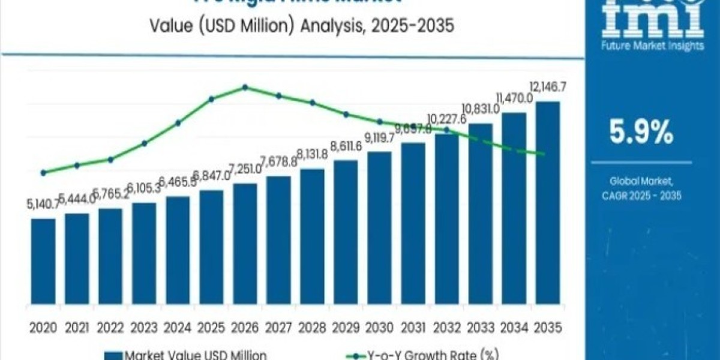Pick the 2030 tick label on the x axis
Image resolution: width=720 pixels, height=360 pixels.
(x=379, y=328)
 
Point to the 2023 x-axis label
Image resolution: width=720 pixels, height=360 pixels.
(x=144, y=328)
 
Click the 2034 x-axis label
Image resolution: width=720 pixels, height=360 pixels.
(x=514, y=328)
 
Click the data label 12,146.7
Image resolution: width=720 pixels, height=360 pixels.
(x=547, y=88)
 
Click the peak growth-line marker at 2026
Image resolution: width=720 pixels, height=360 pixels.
(x=245, y=87)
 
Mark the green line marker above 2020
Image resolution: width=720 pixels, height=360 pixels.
(x=43, y=172)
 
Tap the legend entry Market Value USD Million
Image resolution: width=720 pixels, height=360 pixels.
(x=186, y=355)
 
